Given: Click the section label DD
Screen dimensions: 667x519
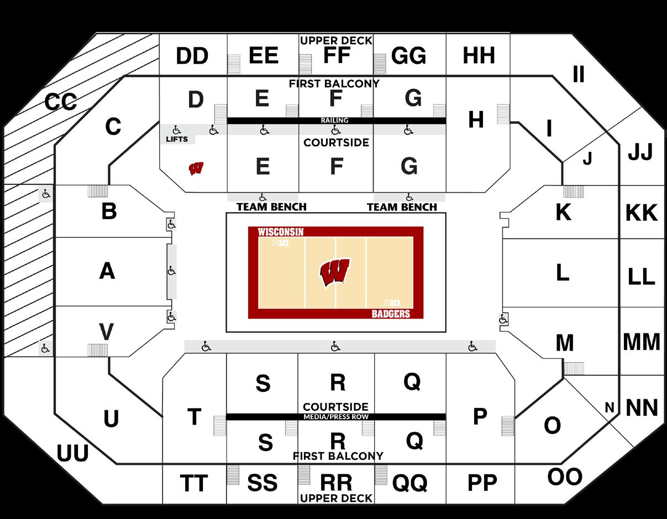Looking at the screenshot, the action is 192,56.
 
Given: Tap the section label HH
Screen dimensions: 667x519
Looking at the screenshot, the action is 479,56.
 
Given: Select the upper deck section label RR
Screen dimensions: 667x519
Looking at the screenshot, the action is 336,483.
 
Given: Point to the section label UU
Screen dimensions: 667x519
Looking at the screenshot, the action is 72,454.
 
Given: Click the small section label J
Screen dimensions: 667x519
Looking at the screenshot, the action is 587,159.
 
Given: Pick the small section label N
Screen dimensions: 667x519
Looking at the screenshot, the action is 610,408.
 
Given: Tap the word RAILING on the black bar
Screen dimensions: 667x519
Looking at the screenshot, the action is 335,120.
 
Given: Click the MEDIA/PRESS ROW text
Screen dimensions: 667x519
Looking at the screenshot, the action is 336,417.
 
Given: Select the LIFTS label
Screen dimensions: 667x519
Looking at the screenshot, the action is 177,139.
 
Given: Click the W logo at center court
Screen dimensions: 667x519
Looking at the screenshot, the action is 334,272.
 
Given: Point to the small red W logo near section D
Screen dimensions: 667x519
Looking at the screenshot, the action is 196,168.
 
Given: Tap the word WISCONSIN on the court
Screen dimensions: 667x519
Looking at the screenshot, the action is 281,232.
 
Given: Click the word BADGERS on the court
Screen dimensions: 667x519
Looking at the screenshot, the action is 391,314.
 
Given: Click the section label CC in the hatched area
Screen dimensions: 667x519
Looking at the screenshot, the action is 60,102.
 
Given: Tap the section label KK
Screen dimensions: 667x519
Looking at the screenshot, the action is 642,213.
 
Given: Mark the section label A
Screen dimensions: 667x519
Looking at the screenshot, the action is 107,271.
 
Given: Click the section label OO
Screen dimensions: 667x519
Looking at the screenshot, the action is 565,476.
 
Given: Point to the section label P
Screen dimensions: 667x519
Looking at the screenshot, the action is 480,417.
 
